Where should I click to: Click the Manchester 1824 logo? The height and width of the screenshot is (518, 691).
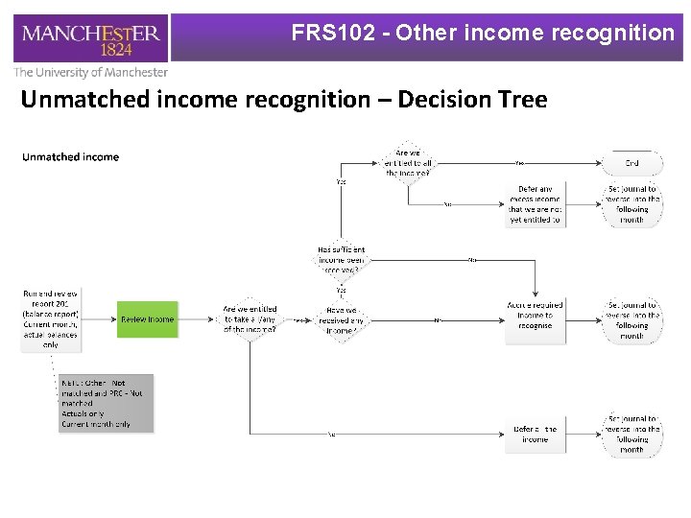pyautogui.click(x=92, y=38)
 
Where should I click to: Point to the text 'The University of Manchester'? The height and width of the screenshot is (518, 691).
pyautogui.click(x=91, y=72)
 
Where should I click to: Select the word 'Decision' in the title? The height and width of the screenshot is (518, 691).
pyautogui.click(x=440, y=99)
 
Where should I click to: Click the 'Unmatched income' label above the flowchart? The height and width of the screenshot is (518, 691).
pyautogui.click(x=71, y=157)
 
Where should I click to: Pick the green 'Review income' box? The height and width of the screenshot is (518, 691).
pyautogui.click(x=148, y=319)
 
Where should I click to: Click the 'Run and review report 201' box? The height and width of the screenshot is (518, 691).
pyautogui.click(x=51, y=318)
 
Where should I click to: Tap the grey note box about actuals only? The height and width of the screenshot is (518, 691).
pyautogui.click(x=106, y=403)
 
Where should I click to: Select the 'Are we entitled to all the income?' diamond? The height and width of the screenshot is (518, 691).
pyautogui.click(x=408, y=163)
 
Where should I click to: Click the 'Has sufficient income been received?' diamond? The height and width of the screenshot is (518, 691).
pyautogui.click(x=341, y=260)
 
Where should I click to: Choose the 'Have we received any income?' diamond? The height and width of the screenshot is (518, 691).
pyautogui.click(x=341, y=319)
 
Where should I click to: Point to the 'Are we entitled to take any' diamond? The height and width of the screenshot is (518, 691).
pyautogui.click(x=250, y=319)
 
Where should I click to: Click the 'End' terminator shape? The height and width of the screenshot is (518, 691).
pyautogui.click(x=631, y=163)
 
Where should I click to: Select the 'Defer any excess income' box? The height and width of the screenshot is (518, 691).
pyautogui.click(x=536, y=204)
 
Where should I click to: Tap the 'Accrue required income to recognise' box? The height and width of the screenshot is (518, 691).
pyautogui.click(x=536, y=315)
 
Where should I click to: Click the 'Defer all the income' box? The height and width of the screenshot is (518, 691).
pyautogui.click(x=536, y=434)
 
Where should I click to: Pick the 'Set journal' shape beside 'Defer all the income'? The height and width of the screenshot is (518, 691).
pyautogui.click(x=631, y=434)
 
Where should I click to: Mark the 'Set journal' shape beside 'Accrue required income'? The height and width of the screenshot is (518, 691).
pyautogui.click(x=631, y=320)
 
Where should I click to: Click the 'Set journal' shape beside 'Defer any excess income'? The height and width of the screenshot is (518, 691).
pyautogui.click(x=631, y=204)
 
